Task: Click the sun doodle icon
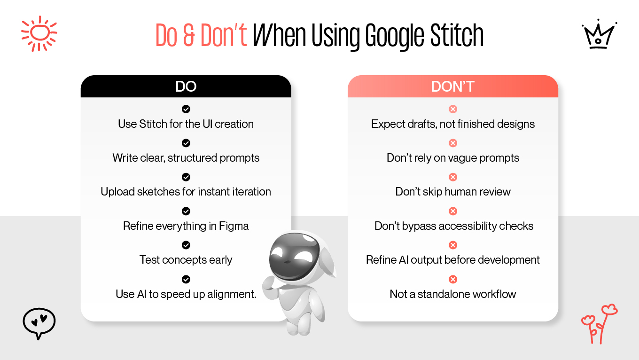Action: click(x=39, y=33)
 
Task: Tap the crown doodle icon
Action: click(x=599, y=34)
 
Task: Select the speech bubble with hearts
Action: click(x=39, y=323)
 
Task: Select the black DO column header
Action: click(x=186, y=86)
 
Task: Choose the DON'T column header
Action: click(x=452, y=86)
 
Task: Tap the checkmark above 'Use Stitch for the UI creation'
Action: click(x=186, y=109)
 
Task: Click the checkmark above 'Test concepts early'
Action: click(x=186, y=245)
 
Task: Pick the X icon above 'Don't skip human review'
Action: click(x=453, y=177)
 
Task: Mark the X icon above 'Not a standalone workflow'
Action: click(x=453, y=280)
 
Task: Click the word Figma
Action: click(x=234, y=226)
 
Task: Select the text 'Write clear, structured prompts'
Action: click(x=186, y=158)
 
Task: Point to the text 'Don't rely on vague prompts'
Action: click(x=453, y=158)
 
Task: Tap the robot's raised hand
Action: click(x=270, y=282)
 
